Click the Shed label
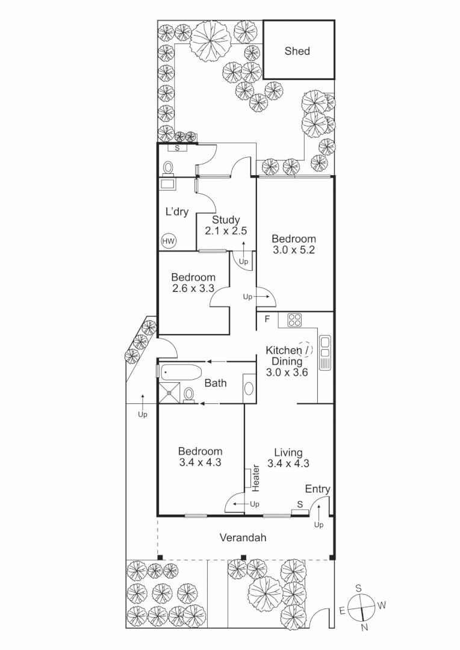(x=297, y=51)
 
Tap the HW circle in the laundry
(x=169, y=242)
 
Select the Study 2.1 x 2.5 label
(x=226, y=225)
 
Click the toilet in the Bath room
(x=189, y=394)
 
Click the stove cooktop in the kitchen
(x=294, y=320)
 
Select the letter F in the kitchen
(x=266, y=318)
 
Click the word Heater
(x=255, y=477)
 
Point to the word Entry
(x=317, y=489)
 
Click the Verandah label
(x=243, y=537)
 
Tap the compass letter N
(x=364, y=627)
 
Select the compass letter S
(x=358, y=588)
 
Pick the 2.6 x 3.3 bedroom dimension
(x=193, y=288)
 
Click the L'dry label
(x=177, y=212)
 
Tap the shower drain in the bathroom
(x=170, y=392)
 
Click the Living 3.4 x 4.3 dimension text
(x=288, y=463)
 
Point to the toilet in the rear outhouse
(x=168, y=167)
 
